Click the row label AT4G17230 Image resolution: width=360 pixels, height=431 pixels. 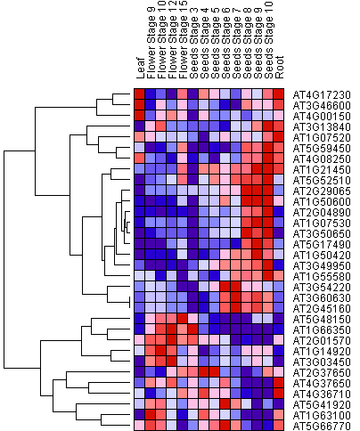[x=322, y=95]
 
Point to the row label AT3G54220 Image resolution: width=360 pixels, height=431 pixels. [x=322, y=288]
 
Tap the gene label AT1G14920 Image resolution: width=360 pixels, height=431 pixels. [x=322, y=352]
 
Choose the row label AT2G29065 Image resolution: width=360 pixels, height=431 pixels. [x=322, y=191]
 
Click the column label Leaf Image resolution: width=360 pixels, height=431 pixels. [x=140, y=69]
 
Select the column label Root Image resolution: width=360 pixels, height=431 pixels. [x=279, y=67]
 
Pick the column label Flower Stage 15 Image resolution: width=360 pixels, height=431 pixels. [x=183, y=39]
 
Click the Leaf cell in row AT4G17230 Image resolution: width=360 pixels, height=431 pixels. [x=139, y=94]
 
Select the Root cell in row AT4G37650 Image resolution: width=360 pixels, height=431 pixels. [x=279, y=382]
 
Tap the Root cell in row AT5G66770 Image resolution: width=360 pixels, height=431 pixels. [x=279, y=425]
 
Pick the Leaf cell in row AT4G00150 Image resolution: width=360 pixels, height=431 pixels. [x=139, y=115]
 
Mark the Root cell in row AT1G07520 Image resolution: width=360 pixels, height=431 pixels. [x=279, y=136]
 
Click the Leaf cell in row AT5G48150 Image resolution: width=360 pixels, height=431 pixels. [x=139, y=318]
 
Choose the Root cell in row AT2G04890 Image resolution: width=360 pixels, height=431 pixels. [x=279, y=211]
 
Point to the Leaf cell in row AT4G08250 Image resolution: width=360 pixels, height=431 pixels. [x=139, y=158]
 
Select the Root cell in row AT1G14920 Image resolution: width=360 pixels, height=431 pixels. [x=279, y=350]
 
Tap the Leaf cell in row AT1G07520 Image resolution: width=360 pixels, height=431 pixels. [x=139, y=136]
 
